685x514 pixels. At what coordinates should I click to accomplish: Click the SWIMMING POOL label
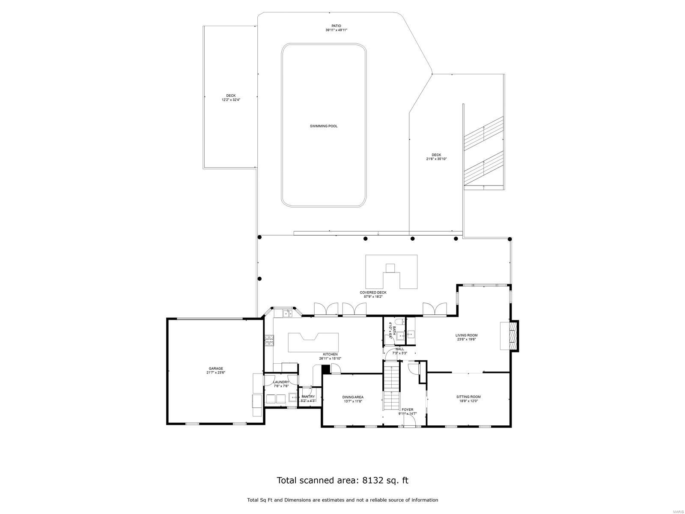pyautogui.click(x=324, y=126)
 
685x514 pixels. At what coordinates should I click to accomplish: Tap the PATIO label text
pyautogui.click(x=336, y=26)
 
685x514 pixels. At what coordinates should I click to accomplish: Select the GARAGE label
pyautogui.click(x=216, y=368)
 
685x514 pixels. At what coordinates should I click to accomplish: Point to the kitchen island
pyautogui.click(x=313, y=342)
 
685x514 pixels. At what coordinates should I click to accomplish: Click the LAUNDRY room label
pyautogui.click(x=281, y=382)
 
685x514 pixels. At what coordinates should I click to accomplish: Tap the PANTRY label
pyautogui.click(x=308, y=397)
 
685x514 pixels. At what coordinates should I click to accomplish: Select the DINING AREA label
pyautogui.click(x=353, y=397)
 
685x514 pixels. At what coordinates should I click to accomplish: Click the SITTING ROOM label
pyautogui.click(x=468, y=397)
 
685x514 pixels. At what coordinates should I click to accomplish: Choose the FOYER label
pyautogui.click(x=407, y=409)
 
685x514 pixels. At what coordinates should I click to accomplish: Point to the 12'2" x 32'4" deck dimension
pyautogui.click(x=231, y=100)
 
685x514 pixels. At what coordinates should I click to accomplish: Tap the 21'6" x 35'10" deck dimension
pyautogui.click(x=436, y=159)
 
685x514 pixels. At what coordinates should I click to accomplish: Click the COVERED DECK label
pyautogui.click(x=373, y=293)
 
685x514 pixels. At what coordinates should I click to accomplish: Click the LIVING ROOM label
pyautogui.click(x=466, y=335)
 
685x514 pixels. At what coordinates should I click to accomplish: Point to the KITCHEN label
pyautogui.click(x=330, y=354)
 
